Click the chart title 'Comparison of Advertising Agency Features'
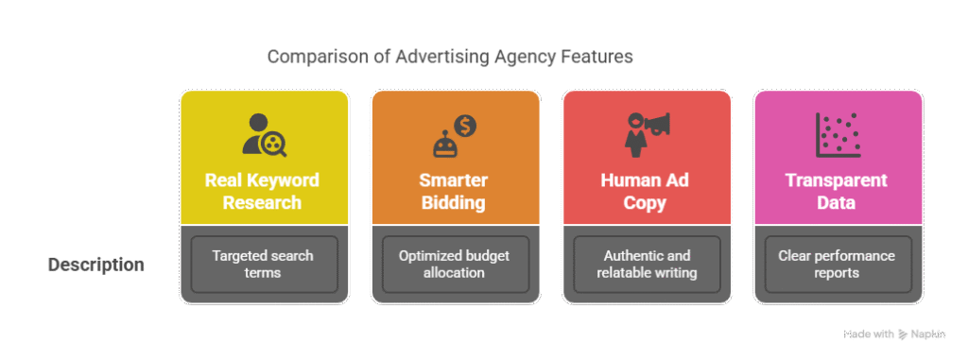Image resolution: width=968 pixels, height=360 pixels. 449,57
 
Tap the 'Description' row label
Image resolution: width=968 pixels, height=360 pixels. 96,265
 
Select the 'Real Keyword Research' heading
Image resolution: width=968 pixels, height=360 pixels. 263,191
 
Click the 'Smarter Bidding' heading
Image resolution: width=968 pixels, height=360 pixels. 455,191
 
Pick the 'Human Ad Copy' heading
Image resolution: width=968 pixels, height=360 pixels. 647,191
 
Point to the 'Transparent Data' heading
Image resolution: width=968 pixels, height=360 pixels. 838,191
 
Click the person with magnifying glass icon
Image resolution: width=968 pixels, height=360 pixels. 263,135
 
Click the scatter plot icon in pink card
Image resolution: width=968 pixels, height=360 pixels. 838,135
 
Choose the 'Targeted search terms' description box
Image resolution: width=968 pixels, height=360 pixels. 263,265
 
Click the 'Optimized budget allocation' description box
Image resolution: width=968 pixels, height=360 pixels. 455,265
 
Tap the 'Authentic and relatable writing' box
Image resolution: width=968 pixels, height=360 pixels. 647,265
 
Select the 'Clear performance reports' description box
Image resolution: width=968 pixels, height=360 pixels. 838,265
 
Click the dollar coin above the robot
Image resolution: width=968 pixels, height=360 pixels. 466,124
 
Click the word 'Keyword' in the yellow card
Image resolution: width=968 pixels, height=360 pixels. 285,180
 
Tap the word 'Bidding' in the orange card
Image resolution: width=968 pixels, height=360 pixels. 455,202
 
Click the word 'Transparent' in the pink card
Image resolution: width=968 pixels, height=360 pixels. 838,180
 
